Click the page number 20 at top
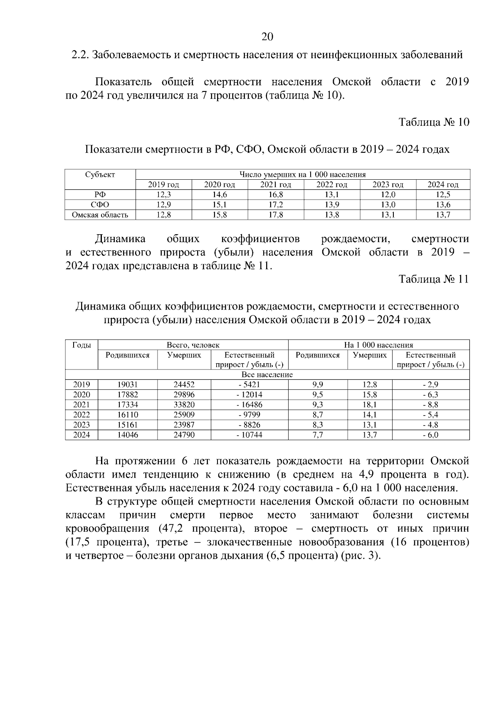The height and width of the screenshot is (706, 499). pyautogui.click(x=267, y=37)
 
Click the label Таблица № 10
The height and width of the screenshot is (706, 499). pyautogui.click(x=434, y=122)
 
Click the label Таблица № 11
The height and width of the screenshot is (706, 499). pyautogui.click(x=434, y=279)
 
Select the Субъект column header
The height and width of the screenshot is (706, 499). pyautogui.click(x=100, y=175)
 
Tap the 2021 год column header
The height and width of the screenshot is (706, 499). pyautogui.click(x=276, y=185)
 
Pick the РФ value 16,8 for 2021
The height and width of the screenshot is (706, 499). pyautogui.click(x=276, y=195)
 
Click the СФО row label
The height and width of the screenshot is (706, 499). pyautogui.click(x=100, y=205)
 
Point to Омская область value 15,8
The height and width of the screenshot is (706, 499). pyautogui.click(x=220, y=215)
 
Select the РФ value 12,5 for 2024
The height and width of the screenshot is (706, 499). pyautogui.click(x=443, y=195)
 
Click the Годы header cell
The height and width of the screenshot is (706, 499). pyautogui.click(x=82, y=345)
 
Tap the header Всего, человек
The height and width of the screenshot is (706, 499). pyautogui.click(x=193, y=345)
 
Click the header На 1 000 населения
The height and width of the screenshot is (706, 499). pyautogui.click(x=378, y=345)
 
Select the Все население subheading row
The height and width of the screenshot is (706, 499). pyautogui.click(x=267, y=375)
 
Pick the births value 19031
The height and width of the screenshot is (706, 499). pyautogui.click(x=127, y=385)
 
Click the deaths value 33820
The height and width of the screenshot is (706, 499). pyautogui.click(x=184, y=405)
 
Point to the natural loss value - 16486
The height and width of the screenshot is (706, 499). pyautogui.click(x=249, y=405)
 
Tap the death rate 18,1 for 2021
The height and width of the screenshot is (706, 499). pyautogui.click(x=370, y=405)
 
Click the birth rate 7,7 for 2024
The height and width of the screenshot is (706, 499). pyautogui.click(x=317, y=435)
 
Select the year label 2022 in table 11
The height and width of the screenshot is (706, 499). pyautogui.click(x=82, y=415)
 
